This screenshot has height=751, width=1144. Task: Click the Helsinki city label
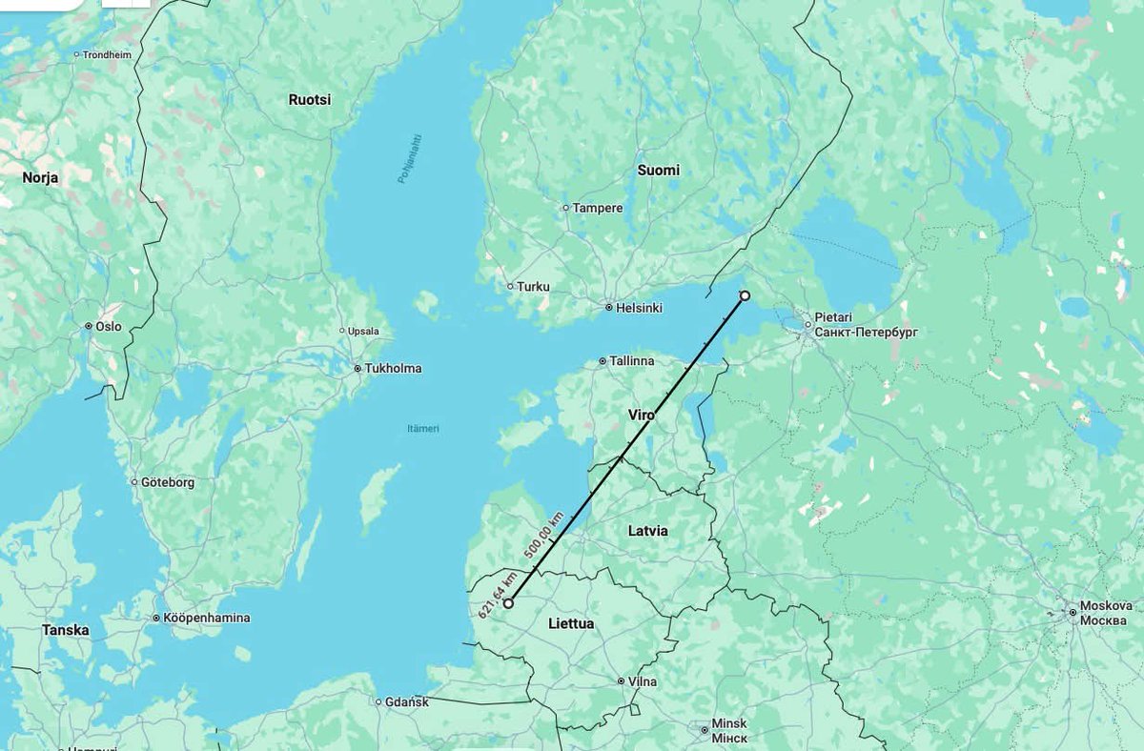[x=639, y=308]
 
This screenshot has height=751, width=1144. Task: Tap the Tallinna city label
[x=632, y=361]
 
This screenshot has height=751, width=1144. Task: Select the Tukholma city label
[x=393, y=369]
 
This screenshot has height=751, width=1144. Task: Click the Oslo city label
[x=109, y=326]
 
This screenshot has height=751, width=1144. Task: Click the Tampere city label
[x=598, y=208]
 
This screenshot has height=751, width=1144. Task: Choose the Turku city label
[x=534, y=286]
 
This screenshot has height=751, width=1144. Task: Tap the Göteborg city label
[x=167, y=482]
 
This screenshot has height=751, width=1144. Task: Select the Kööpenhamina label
[x=207, y=618]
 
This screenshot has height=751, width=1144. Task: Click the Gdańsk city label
[x=407, y=702]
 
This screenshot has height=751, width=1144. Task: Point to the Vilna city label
[x=643, y=681]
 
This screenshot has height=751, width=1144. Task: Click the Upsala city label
[x=364, y=332]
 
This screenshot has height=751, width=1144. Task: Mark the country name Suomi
[x=659, y=170]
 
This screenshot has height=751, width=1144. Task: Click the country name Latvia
[x=648, y=530]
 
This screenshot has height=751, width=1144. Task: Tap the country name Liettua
[x=572, y=623]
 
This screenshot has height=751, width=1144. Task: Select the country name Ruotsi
[x=310, y=99]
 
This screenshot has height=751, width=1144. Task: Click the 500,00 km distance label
[x=543, y=535]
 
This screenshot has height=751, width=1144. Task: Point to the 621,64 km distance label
[x=498, y=593]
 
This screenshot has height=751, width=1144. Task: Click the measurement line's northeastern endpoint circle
[x=745, y=295]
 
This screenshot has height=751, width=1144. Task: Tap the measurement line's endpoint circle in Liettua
[x=508, y=603]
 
